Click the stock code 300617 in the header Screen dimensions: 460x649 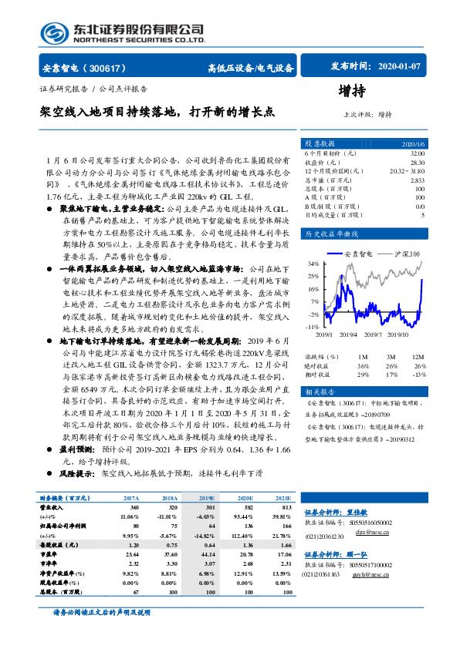tap(113, 68)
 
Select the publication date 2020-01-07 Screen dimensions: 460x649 tap(401, 67)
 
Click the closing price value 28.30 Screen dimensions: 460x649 tap(417, 162)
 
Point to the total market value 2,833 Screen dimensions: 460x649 tap(418, 180)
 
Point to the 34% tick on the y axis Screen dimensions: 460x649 tap(312, 263)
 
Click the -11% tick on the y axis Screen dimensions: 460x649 tap(311, 328)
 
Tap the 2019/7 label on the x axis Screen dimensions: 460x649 tap(374, 335)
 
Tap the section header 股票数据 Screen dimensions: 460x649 tap(319, 143)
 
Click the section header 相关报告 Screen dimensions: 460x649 tap(319, 392)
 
